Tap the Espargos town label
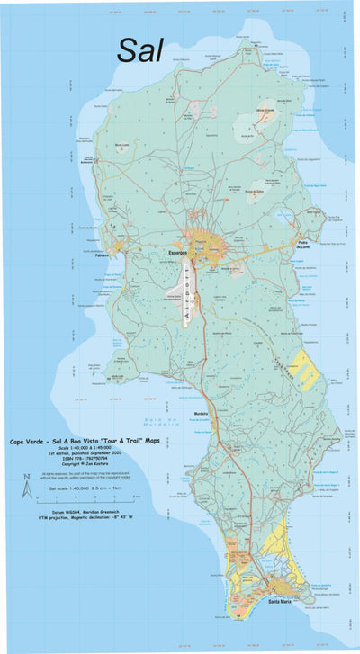pyautogui.click(x=177, y=254)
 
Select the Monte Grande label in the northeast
pyautogui.click(x=265, y=110)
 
